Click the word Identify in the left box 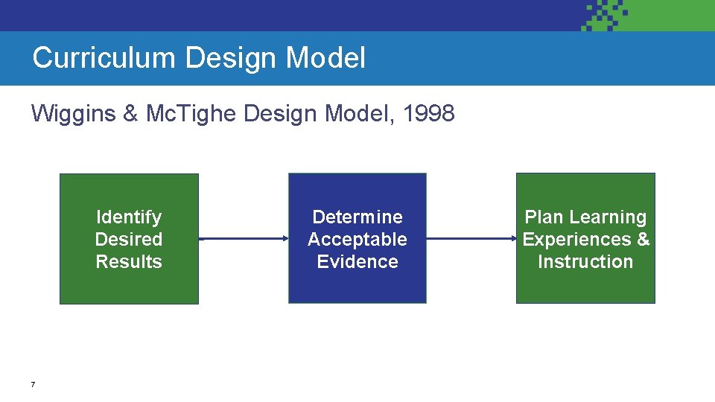(x=129, y=217)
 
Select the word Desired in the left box (x=129, y=239)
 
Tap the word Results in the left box (x=129, y=261)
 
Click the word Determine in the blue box (x=357, y=217)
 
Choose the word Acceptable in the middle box (x=357, y=239)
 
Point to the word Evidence (x=357, y=261)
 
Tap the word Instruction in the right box (x=585, y=261)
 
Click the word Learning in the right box (x=608, y=217)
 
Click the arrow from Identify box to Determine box (x=244, y=239)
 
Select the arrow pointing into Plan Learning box (x=471, y=239)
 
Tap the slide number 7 (x=33, y=385)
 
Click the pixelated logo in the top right (x=607, y=15)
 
